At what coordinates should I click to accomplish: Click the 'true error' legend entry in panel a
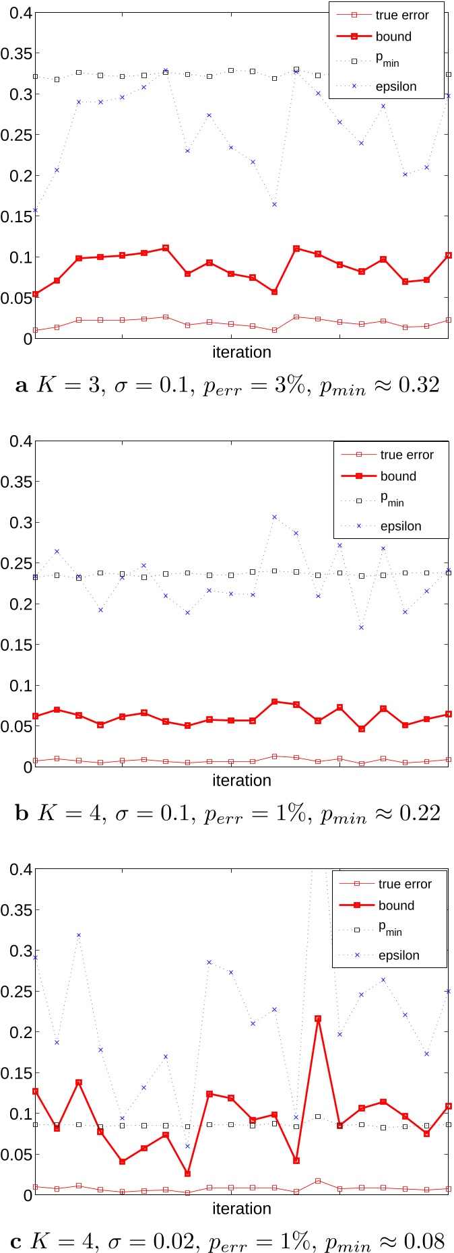click(x=401, y=15)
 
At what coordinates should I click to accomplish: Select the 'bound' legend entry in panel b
click(x=398, y=476)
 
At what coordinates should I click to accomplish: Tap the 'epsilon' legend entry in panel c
click(x=399, y=955)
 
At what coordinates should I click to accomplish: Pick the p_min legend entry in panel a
click(x=387, y=61)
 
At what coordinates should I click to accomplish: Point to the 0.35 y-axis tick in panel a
click(x=16, y=53)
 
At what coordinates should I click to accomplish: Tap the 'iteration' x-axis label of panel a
click(x=241, y=352)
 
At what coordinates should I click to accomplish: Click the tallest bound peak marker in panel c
click(x=318, y=1019)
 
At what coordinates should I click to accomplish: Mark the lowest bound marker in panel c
click(x=187, y=1174)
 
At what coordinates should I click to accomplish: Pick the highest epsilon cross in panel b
click(x=274, y=517)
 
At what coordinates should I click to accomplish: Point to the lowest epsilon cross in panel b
click(x=362, y=627)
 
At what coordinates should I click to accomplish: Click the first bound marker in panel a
click(x=35, y=294)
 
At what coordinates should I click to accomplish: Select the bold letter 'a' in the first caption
click(x=22, y=385)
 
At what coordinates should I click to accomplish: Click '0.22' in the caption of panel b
click(x=420, y=813)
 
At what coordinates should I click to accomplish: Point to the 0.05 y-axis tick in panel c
click(x=16, y=1155)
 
